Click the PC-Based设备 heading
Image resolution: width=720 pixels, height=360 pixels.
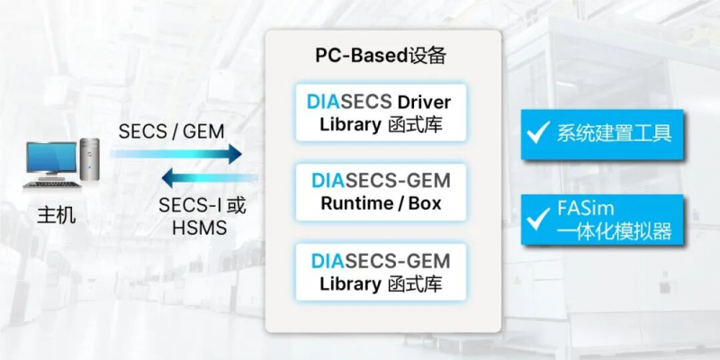pos(381,55)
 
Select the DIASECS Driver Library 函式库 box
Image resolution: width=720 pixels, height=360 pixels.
pos(381,112)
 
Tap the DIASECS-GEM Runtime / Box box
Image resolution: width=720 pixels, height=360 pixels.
pos(381,192)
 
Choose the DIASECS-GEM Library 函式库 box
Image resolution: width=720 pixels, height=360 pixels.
pos(381,273)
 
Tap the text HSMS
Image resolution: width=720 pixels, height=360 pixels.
pos(199,228)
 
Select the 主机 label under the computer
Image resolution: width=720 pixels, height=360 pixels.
pos(56,216)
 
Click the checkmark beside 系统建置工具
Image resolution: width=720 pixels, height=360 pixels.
pos(539,134)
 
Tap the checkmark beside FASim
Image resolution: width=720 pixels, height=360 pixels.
pos(539,216)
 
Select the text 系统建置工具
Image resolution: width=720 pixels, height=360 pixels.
pos(615,134)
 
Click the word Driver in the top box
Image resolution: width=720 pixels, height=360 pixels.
pos(420,101)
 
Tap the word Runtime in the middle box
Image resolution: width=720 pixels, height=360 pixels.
pos(353,203)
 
